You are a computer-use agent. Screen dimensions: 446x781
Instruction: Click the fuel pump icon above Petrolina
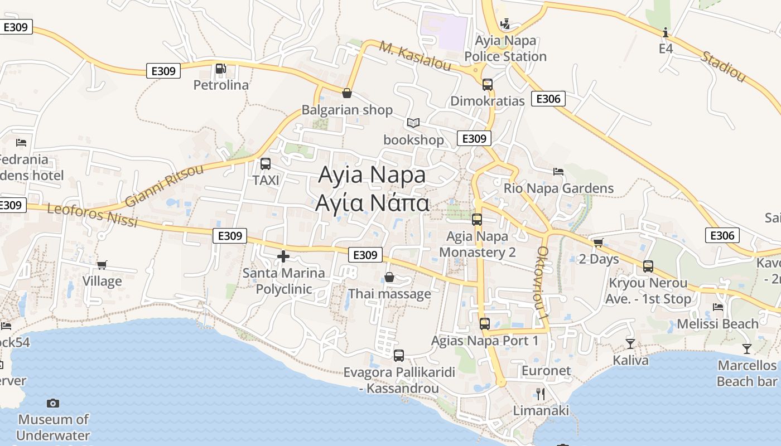tap(220, 69)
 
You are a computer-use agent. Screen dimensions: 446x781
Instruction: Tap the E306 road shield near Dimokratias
tap(548, 99)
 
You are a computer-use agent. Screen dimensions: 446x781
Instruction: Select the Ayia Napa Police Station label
tap(505, 49)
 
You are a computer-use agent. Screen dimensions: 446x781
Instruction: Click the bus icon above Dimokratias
tap(488, 85)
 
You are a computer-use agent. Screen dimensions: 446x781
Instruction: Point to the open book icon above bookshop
tap(413, 123)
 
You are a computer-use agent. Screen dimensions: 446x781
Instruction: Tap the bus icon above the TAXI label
tap(266, 164)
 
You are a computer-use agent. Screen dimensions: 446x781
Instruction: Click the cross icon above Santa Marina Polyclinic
tap(283, 256)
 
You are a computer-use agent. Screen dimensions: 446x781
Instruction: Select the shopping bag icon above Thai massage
tap(389, 277)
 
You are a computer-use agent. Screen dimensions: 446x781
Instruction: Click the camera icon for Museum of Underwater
tap(53, 403)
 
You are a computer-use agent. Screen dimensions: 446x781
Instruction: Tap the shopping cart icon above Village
tap(102, 265)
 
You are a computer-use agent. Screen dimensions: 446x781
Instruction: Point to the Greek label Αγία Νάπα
tap(372, 203)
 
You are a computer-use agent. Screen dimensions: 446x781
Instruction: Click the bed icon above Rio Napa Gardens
tap(558, 171)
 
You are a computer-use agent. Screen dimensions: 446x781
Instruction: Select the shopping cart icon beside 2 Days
tap(598, 243)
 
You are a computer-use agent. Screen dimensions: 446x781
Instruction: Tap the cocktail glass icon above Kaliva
tap(630, 343)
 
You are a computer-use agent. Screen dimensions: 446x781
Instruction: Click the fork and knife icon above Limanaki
tap(540, 394)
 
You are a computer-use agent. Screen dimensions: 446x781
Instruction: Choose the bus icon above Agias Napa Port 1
tap(484, 323)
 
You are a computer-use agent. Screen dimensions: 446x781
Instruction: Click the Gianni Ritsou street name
tap(165, 186)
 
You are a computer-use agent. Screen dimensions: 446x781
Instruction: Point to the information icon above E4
tap(666, 33)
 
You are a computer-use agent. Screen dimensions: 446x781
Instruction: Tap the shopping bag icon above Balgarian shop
tap(346, 93)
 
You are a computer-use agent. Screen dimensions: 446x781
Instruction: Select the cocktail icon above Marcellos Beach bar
tap(746, 349)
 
